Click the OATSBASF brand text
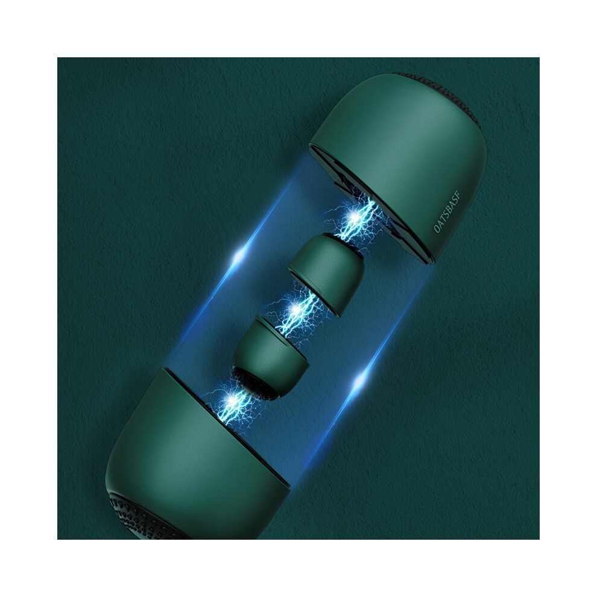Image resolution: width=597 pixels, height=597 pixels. coord(447,212)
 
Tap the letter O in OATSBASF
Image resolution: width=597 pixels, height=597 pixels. coord(437,229)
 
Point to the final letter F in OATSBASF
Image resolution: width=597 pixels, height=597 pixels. coord(458,195)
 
